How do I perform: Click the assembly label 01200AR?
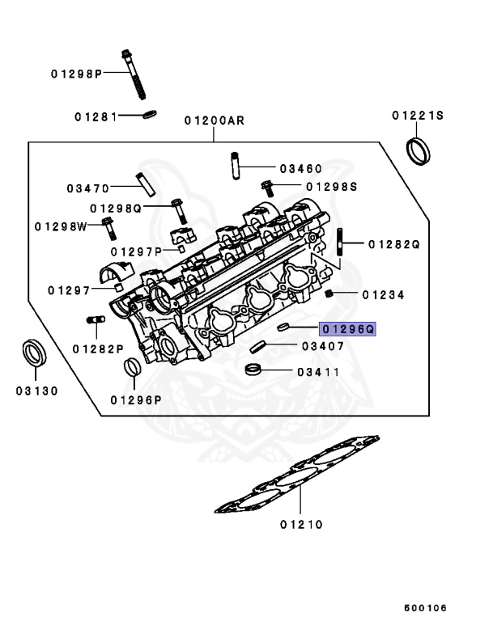214,120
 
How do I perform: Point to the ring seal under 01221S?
418,150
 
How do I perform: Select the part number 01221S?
418,116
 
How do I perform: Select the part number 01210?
302,524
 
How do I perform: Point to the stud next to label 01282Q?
340,244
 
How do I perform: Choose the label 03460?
301,169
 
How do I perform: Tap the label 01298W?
61,226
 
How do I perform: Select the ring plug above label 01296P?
132,369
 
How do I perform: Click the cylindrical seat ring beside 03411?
254,371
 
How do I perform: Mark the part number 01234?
383,295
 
